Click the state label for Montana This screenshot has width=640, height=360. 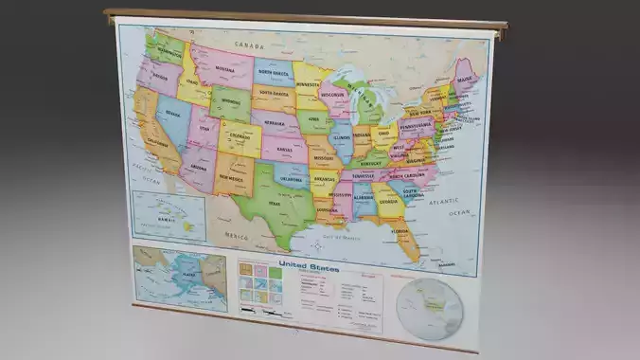pos(224,69)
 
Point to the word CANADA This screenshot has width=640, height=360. pos(248,45)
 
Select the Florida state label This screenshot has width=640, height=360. pos(400,229)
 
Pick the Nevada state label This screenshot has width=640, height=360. pos(173,114)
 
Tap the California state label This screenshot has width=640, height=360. pos(158,142)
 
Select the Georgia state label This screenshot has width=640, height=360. pos(386,200)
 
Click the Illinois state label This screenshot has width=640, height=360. pos(342,138)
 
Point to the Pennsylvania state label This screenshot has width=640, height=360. pos(417,124)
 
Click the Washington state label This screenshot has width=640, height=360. pos(169,53)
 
